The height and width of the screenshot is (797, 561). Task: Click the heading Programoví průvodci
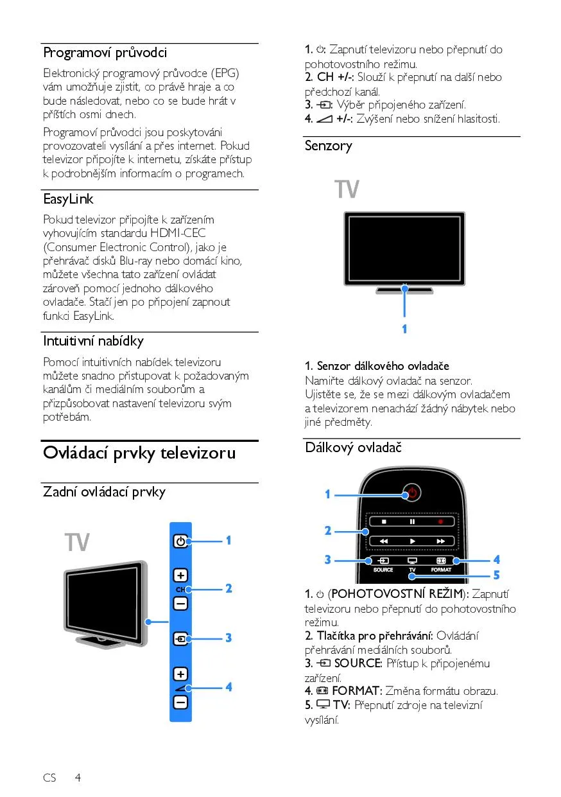(x=105, y=53)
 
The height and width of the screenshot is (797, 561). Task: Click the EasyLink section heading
(x=68, y=199)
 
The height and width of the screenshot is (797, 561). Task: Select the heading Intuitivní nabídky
(x=93, y=340)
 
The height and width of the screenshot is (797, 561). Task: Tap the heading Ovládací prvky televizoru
(x=139, y=453)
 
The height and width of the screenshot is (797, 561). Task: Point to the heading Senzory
(x=329, y=146)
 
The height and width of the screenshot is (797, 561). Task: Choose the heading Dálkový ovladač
(x=353, y=448)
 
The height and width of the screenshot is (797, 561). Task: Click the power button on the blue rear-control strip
(x=180, y=541)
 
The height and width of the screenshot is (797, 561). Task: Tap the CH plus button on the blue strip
(x=180, y=575)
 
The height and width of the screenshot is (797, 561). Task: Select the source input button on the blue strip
(x=180, y=639)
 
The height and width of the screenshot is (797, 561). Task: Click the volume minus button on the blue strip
(x=180, y=703)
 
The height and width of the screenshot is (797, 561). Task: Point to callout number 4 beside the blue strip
(x=228, y=687)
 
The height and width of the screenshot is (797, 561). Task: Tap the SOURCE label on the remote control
(x=383, y=570)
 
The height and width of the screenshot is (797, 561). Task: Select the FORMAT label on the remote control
(x=441, y=570)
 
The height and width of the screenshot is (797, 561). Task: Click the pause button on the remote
(x=412, y=522)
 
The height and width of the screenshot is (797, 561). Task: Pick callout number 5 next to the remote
(x=496, y=575)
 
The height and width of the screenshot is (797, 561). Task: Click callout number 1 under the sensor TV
(x=404, y=329)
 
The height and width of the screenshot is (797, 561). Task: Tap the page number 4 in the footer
(x=78, y=778)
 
